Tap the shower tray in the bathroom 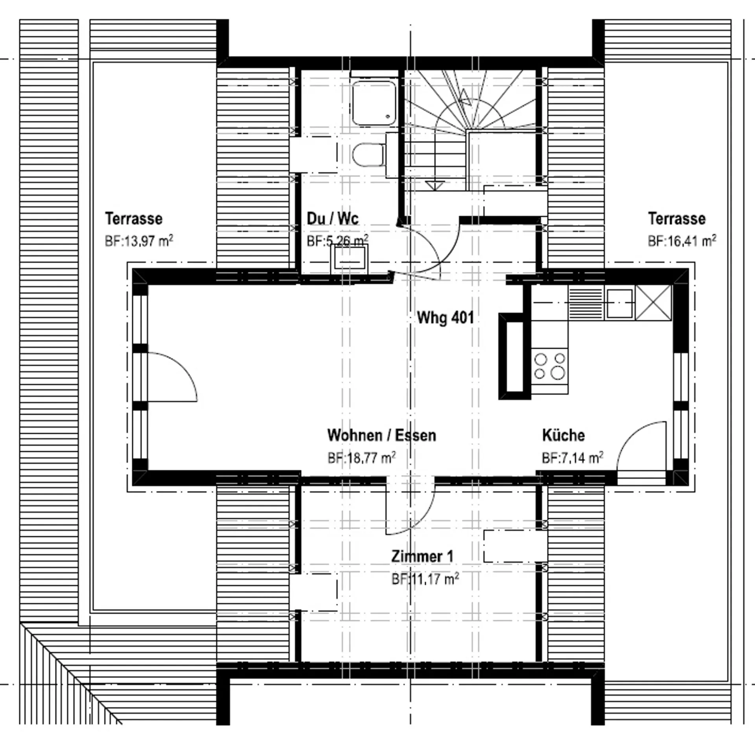(374, 103)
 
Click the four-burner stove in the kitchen (550, 366)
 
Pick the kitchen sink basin (619, 303)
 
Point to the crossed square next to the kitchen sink (654, 303)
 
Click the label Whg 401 (445, 317)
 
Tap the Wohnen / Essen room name (381, 435)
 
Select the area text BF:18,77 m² (361, 458)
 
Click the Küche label (563, 435)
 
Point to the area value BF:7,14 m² (573, 458)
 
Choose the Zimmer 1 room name (422, 556)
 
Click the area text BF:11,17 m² (425, 579)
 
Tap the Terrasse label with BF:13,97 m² (134, 218)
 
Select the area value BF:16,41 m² (682, 240)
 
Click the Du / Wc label (333, 218)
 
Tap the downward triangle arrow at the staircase (435, 185)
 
